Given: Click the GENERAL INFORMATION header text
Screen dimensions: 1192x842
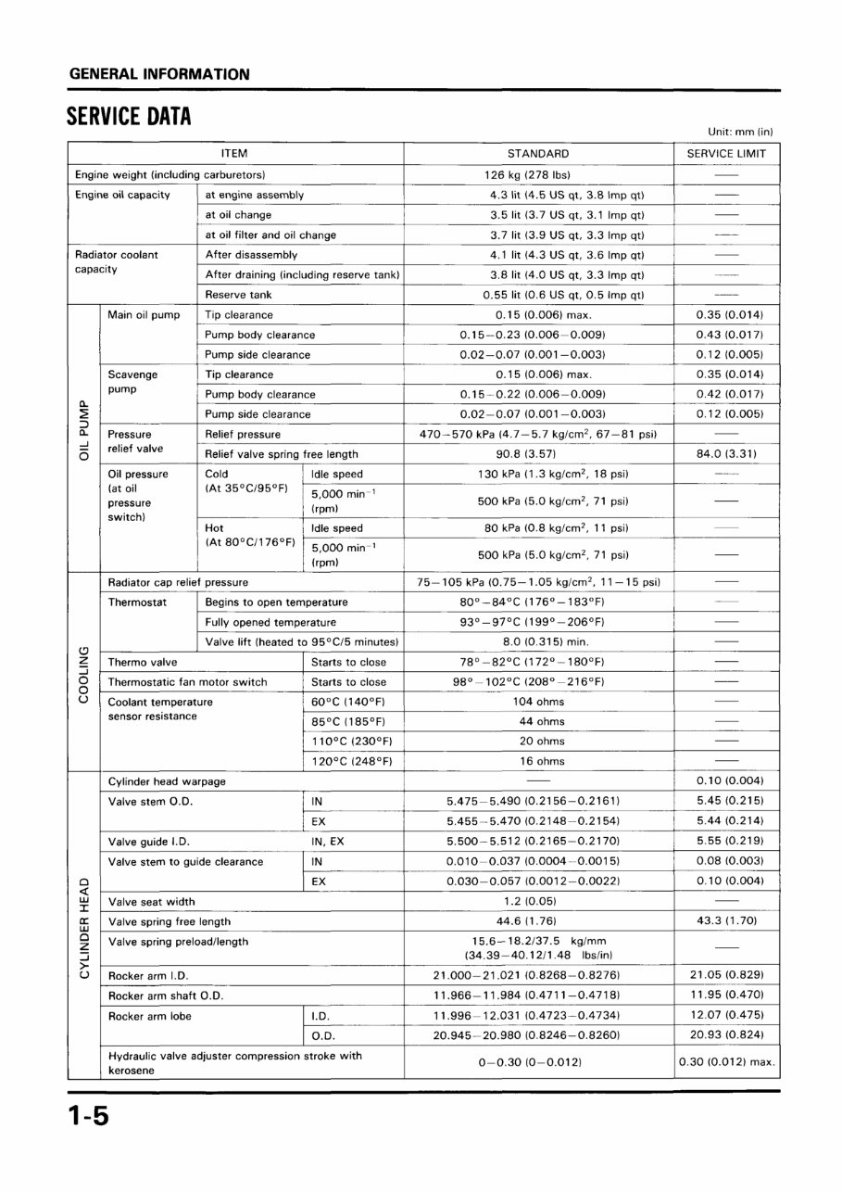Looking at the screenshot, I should click(x=158, y=74).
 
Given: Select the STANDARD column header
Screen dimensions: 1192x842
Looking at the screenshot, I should click(x=538, y=153).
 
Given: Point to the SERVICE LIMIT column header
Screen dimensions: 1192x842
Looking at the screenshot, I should click(x=726, y=153).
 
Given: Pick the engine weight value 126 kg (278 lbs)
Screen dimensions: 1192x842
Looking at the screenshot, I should click(x=538, y=174).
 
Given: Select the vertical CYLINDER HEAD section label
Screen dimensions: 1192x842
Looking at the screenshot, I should click(x=83, y=923).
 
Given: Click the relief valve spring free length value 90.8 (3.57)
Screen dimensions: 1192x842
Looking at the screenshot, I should click(x=538, y=454).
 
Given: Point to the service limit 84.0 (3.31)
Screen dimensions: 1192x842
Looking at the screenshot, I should click(x=726, y=454).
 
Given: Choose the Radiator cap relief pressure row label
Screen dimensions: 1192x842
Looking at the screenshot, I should click(x=178, y=582).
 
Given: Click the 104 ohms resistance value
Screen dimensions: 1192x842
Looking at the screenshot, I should click(x=538, y=702).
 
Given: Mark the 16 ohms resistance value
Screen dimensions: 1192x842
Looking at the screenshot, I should click(x=538, y=761).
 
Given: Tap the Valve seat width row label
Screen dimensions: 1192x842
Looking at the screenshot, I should click(x=152, y=902).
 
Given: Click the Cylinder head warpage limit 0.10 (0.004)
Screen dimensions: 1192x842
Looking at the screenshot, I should click(x=726, y=780).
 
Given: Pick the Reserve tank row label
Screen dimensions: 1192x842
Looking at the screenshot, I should click(x=238, y=295).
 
